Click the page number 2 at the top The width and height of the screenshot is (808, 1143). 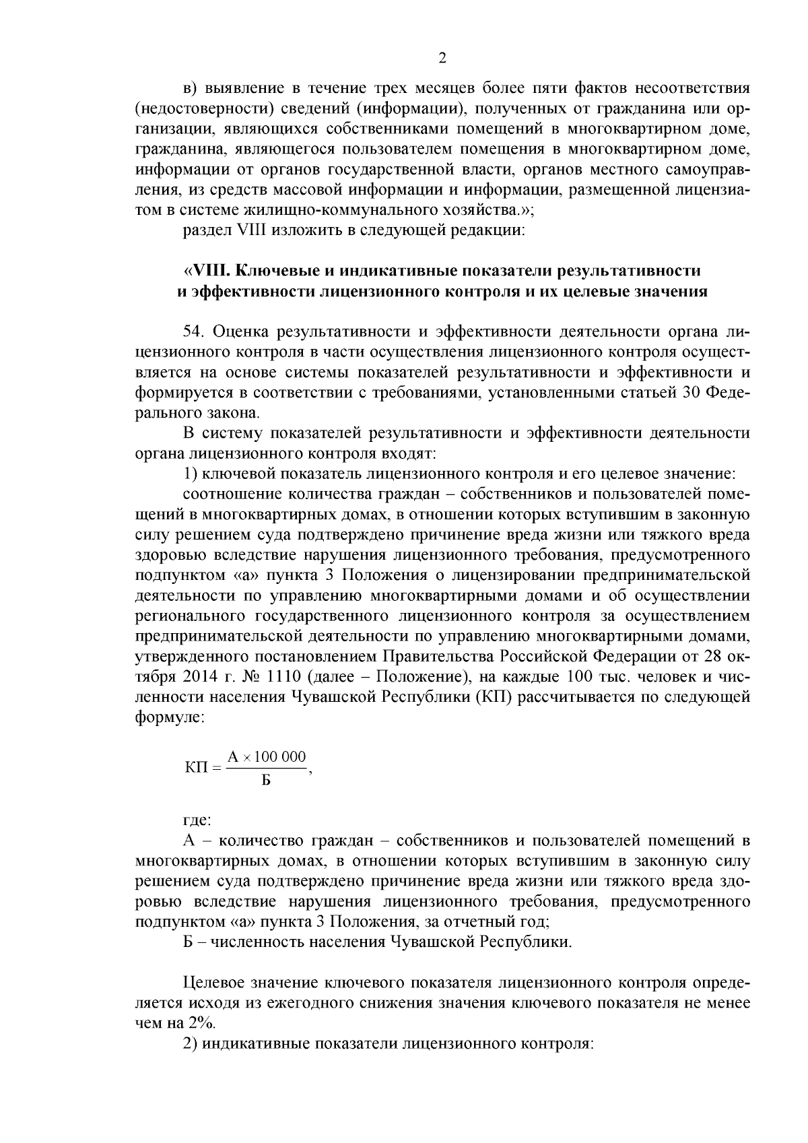pyautogui.click(x=442, y=58)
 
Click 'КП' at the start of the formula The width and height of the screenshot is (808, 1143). pyautogui.click(x=196, y=769)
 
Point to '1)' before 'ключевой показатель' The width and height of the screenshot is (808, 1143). pyautogui.click(x=189, y=473)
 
